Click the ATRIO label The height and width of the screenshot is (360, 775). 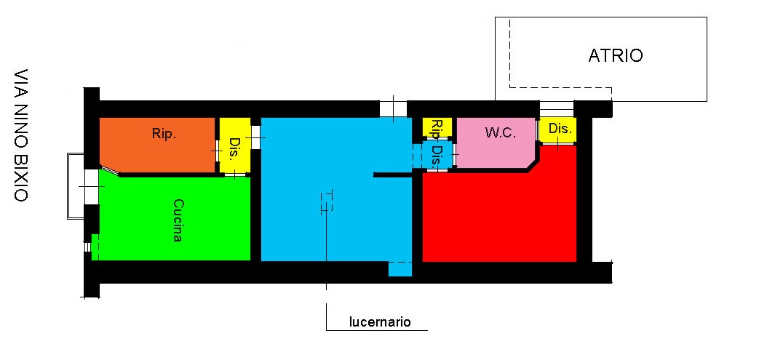pyautogui.click(x=616, y=55)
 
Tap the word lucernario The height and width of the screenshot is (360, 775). pyautogui.click(x=380, y=322)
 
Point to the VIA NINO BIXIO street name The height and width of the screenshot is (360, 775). pyautogui.click(x=21, y=135)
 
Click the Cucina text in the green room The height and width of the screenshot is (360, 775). pyautogui.click(x=178, y=220)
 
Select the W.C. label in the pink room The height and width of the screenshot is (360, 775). pyautogui.click(x=500, y=132)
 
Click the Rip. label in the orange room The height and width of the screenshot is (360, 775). pyautogui.click(x=164, y=134)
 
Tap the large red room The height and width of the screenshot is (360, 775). pyautogui.click(x=500, y=212)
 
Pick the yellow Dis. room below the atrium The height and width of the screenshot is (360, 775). pyautogui.click(x=557, y=130)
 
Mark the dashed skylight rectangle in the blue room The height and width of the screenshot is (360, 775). pyautogui.click(x=327, y=202)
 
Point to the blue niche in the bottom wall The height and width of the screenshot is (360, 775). pyautogui.click(x=400, y=269)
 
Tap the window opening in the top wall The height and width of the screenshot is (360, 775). pyautogui.click(x=394, y=108)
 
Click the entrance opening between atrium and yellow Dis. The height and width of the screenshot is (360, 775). pyautogui.click(x=556, y=109)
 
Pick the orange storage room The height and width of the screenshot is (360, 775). pyautogui.click(x=158, y=145)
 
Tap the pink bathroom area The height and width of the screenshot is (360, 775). pyautogui.click(x=496, y=143)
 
